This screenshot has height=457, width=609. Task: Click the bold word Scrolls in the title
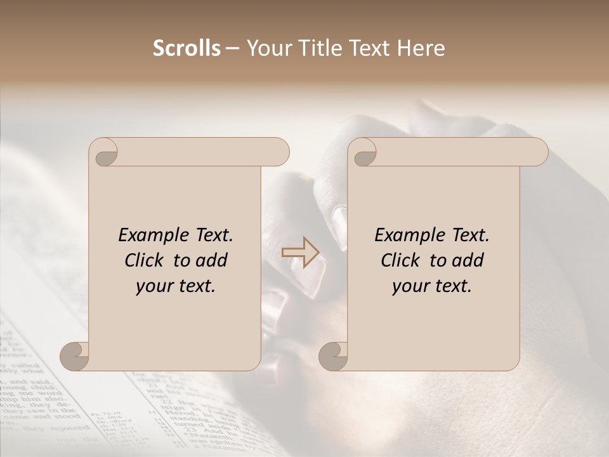click(187, 48)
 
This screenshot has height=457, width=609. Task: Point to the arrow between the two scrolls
click(301, 252)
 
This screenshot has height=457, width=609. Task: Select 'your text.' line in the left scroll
click(176, 286)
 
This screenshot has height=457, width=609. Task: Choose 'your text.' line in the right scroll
click(432, 286)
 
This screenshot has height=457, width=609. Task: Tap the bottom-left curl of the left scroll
click(75, 356)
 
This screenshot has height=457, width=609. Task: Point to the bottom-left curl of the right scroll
click(334, 356)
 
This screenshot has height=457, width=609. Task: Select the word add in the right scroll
click(469, 260)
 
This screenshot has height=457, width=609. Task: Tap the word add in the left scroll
click(213, 260)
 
